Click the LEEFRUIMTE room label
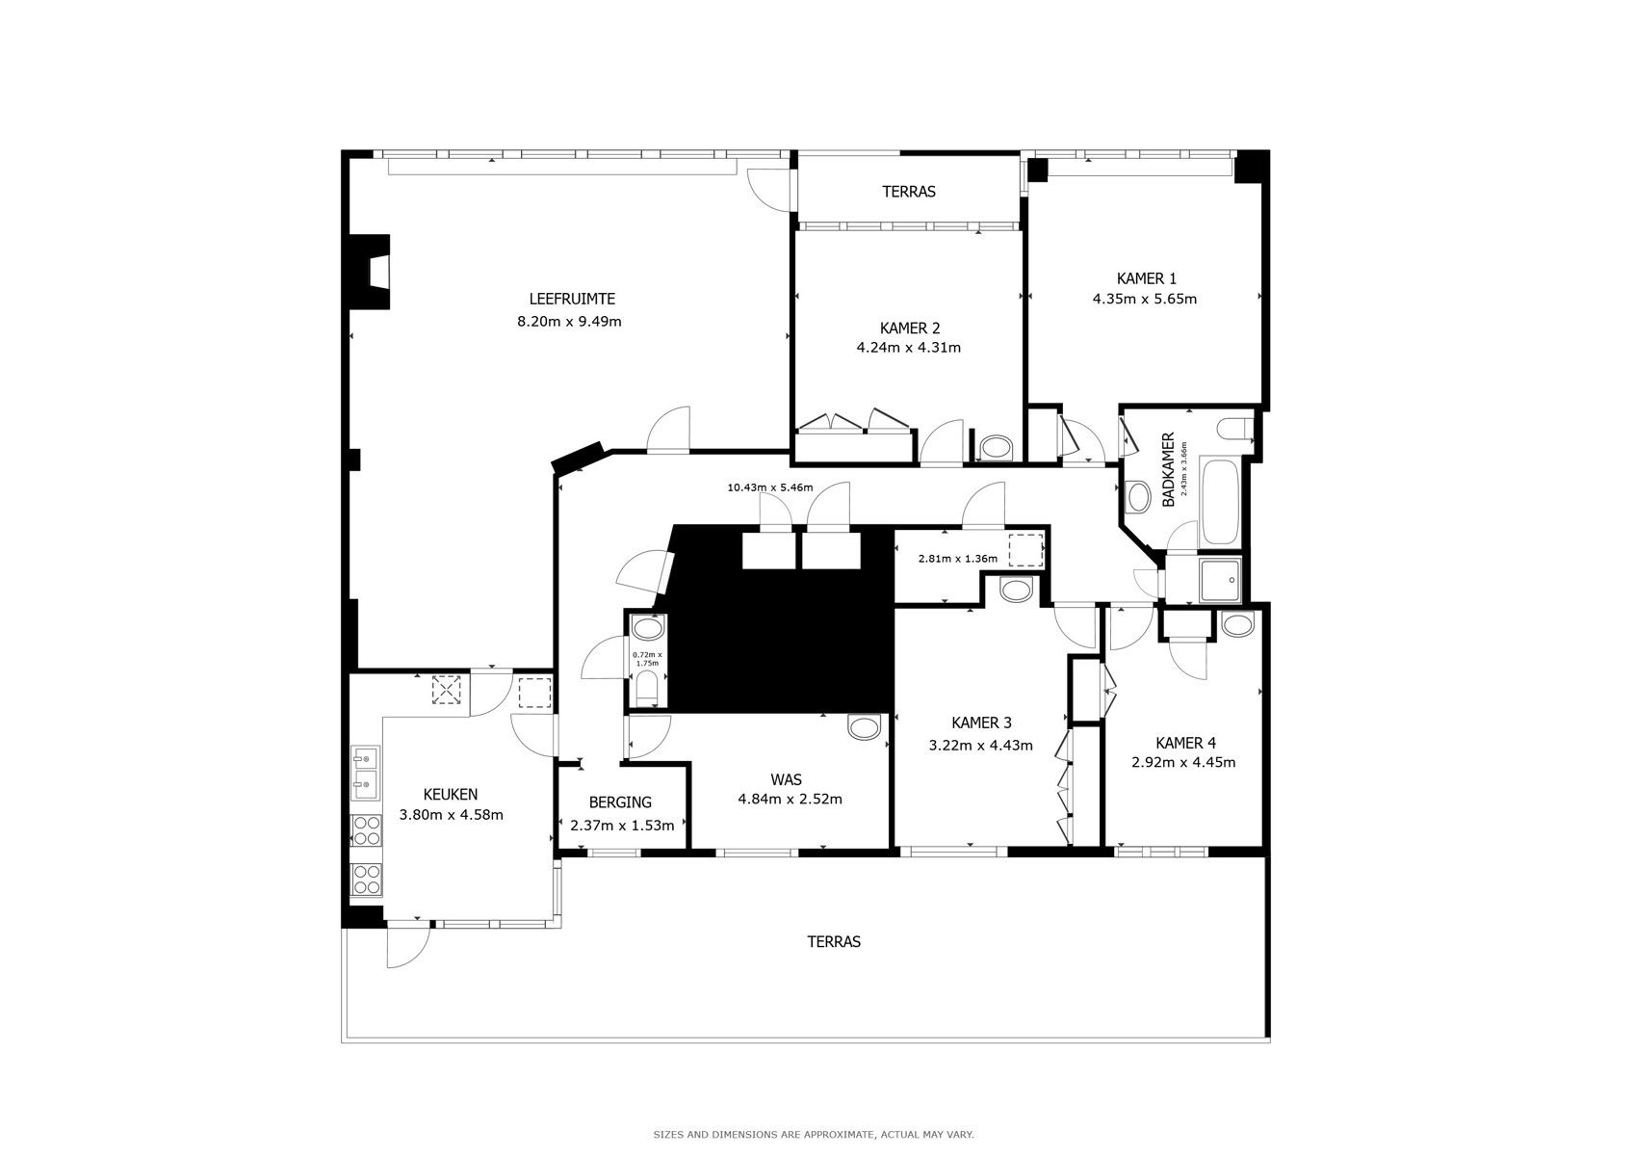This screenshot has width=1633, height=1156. (x=572, y=299)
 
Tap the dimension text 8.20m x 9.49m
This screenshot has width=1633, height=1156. (x=569, y=322)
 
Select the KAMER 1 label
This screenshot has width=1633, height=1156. (x=1147, y=278)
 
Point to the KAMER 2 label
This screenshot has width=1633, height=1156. (x=910, y=328)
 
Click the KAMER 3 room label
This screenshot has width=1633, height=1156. (x=981, y=722)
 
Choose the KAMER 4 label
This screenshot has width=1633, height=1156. (x=1185, y=743)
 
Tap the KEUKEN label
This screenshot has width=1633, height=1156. (x=451, y=794)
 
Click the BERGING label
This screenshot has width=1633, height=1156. (x=620, y=802)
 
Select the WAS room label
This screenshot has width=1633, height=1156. (x=786, y=779)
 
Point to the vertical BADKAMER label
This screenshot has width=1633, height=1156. (x=1168, y=470)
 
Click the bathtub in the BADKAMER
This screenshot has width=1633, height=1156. (x=1220, y=503)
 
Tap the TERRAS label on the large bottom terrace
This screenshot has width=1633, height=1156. (x=834, y=941)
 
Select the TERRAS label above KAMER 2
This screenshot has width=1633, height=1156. (x=909, y=192)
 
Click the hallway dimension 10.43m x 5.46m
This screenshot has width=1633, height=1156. (x=770, y=487)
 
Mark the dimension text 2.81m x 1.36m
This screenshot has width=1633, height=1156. (x=958, y=559)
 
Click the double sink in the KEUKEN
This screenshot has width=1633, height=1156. (x=365, y=773)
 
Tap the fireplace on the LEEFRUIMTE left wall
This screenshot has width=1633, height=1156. (x=370, y=272)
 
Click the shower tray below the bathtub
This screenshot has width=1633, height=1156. (x=1220, y=581)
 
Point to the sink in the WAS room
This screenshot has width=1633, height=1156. (x=864, y=727)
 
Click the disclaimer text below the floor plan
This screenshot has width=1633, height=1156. (x=814, y=1134)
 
